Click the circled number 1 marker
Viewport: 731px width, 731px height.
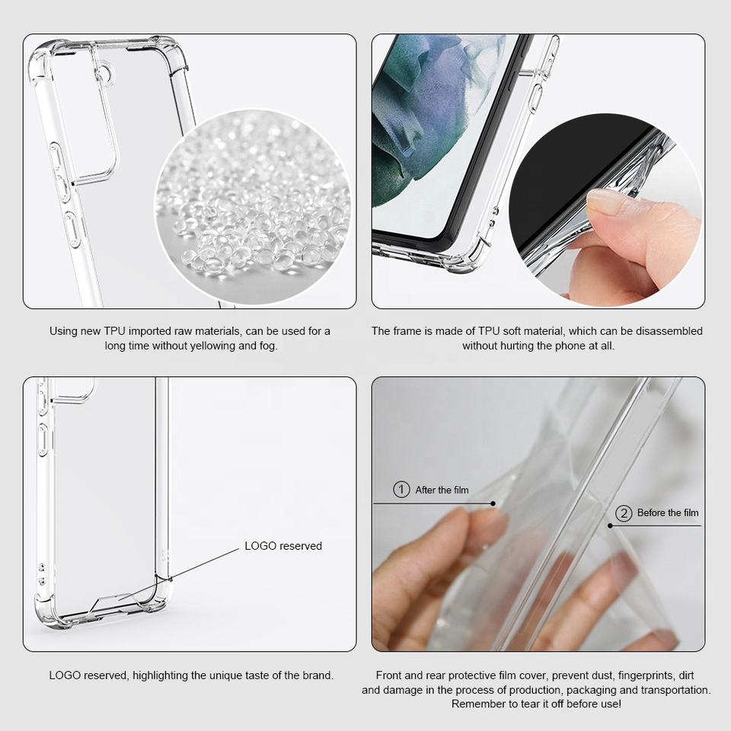point(401,490)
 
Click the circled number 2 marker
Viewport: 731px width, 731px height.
point(624,512)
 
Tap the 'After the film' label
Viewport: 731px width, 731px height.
point(442,490)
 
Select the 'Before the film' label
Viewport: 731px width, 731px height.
point(668,512)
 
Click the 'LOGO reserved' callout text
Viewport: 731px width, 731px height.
point(283,546)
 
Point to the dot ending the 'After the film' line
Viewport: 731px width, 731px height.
point(493,503)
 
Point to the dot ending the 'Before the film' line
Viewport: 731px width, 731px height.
point(610,526)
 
